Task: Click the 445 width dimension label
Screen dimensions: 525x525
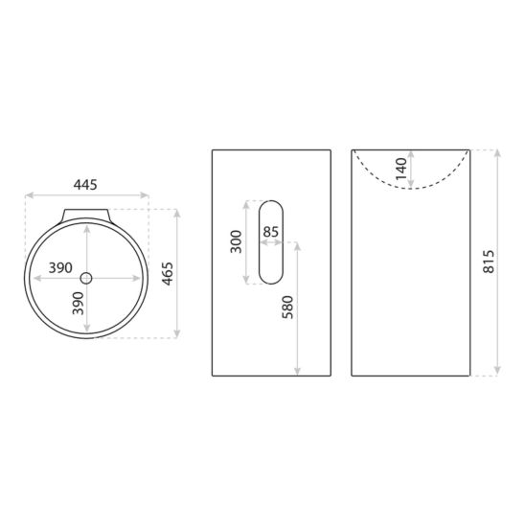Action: point(85,185)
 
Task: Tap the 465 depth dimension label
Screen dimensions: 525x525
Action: point(168,274)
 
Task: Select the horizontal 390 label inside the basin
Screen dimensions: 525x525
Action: point(60,268)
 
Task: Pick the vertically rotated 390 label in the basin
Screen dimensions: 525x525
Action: point(78,304)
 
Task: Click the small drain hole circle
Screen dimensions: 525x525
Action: point(86,278)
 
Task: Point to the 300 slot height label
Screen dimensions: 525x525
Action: point(236,241)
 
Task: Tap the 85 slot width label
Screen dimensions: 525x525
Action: point(271,232)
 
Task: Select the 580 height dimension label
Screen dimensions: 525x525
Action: point(287,307)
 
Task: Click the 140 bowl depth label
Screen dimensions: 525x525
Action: point(400,169)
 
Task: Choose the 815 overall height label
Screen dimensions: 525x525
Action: point(489,262)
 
